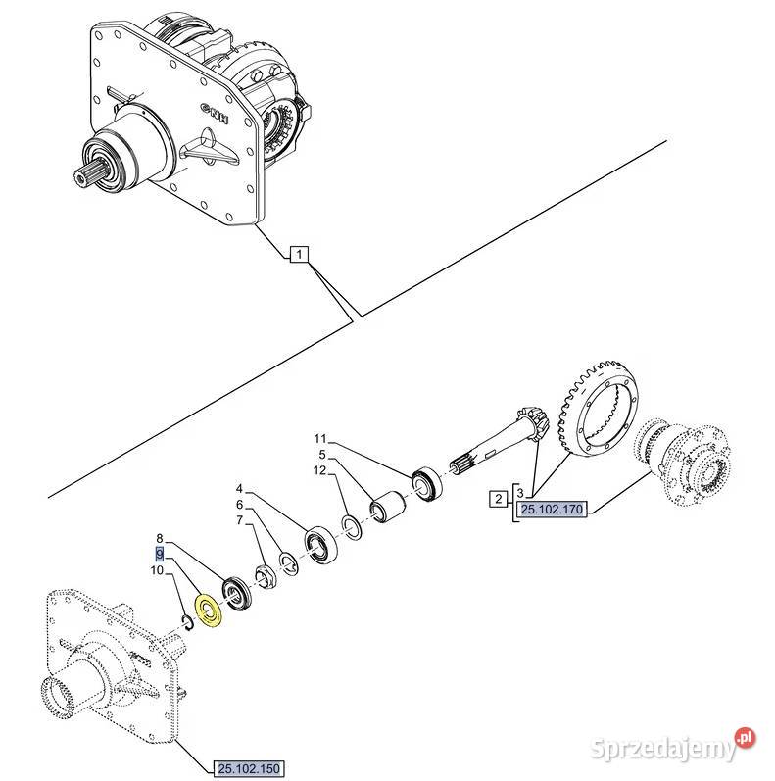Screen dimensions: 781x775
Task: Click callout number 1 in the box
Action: coord(299,257)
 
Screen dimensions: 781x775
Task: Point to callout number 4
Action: coord(238,487)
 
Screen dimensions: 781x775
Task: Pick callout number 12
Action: coord(319,471)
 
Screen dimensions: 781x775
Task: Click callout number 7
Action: coord(238,520)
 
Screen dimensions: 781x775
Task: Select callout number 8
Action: coord(161,538)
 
